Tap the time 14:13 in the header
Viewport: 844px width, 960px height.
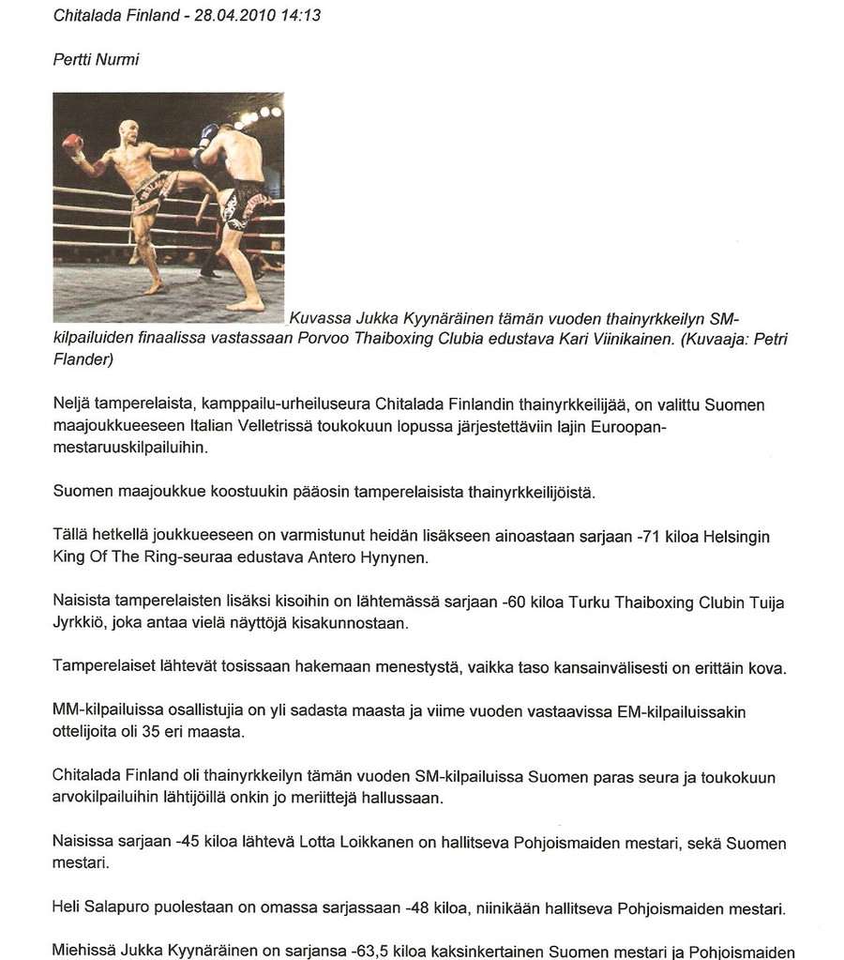click(x=300, y=15)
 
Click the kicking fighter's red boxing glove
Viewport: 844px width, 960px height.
click(x=71, y=143)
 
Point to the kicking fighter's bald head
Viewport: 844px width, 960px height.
click(x=128, y=131)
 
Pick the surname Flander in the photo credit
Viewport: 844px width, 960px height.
click(x=83, y=359)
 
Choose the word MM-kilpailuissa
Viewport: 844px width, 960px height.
click(x=112, y=712)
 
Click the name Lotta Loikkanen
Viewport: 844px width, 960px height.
click(x=355, y=843)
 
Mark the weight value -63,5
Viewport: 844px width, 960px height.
click(x=370, y=950)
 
